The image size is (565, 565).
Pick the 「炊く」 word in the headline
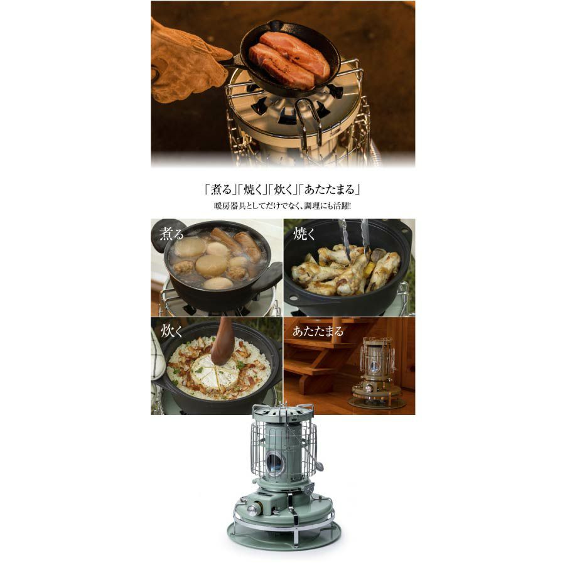click(x=282, y=190)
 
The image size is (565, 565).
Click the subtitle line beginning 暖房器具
click(x=282, y=207)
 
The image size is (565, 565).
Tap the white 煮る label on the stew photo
click(x=171, y=234)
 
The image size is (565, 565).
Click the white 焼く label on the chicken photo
click(x=304, y=234)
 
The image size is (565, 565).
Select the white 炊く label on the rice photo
click(x=171, y=331)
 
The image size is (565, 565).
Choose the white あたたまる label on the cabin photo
click(x=318, y=331)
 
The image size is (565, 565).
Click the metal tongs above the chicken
click(x=353, y=240)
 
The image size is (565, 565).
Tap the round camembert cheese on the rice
click(x=213, y=372)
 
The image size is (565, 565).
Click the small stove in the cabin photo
click(x=377, y=373)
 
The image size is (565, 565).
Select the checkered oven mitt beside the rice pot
click(x=157, y=355)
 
